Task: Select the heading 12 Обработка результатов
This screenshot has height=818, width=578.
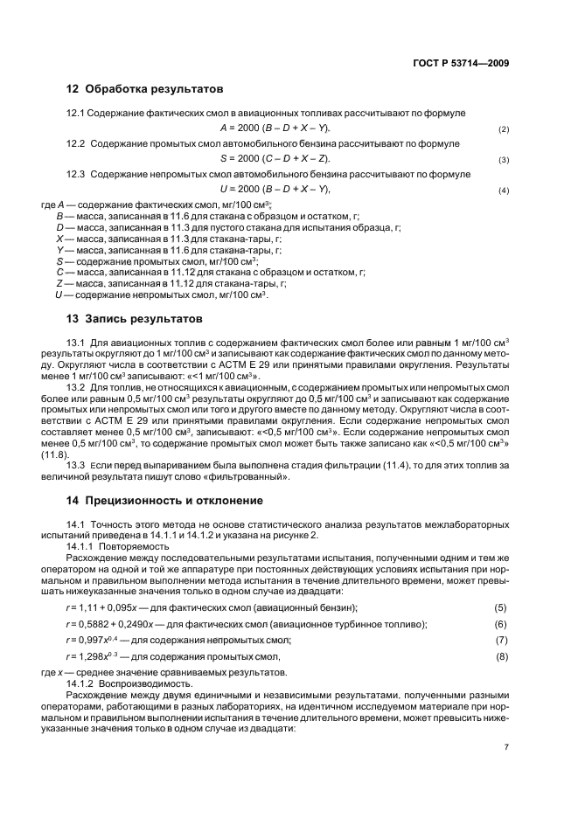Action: click(x=145, y=89)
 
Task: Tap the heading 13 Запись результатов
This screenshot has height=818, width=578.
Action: click(x=135, y=318)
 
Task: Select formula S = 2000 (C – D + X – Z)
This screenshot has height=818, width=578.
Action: click(x=263, y=159)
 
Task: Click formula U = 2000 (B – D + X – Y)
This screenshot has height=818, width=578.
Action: click(x=263, y=190)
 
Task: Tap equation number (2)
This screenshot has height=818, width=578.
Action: click(x=504, y=129)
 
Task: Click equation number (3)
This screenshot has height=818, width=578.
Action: click(x=504, y=160)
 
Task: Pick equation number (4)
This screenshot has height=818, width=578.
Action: click(x=504, y=191)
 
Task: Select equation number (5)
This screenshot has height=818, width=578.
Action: click(x=501, y=607)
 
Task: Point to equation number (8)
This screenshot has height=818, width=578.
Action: click(x=501, y=655)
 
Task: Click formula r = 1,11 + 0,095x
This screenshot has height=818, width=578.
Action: click(x=104, y=607)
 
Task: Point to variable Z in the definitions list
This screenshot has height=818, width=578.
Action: click(x=59, y=283)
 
